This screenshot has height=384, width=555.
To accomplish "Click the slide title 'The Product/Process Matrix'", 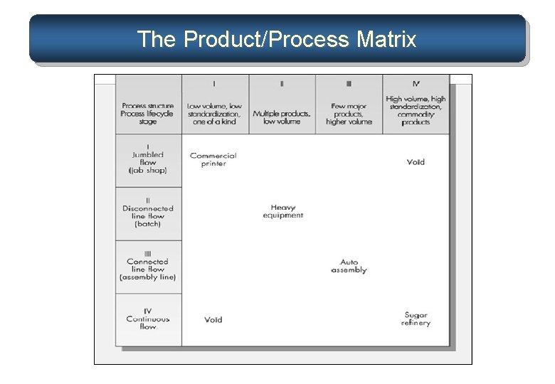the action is pos(277,39).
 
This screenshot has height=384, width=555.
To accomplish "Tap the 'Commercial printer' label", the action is pos(213,159).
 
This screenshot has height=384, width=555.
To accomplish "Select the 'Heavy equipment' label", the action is pos(282,211).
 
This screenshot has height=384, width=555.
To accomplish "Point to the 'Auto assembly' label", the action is pos(349,266).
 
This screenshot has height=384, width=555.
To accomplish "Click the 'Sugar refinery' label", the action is pos(416,319).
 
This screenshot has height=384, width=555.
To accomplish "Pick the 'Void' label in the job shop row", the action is pos(416,162).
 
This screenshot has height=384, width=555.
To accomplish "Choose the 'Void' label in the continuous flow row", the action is pos(213,320).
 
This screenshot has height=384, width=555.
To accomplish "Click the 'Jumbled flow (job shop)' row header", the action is pos(148,162).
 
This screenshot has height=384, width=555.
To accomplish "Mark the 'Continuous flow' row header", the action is pos(148,319).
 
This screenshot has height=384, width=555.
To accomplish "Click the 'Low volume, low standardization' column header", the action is pos(214,114).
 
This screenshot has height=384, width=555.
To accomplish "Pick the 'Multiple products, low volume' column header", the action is pos(282,117).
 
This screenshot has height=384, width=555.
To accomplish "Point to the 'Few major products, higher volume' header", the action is pos(349,114).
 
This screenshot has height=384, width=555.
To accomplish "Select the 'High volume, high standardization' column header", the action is pos(416,110).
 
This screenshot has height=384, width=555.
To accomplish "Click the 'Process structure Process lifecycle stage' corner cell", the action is pos(148,114).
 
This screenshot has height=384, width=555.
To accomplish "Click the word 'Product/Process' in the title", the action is pos(266,39).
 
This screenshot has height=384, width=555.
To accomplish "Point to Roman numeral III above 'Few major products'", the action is pos(349,84).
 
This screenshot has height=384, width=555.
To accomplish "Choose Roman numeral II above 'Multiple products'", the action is pos(282,84).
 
